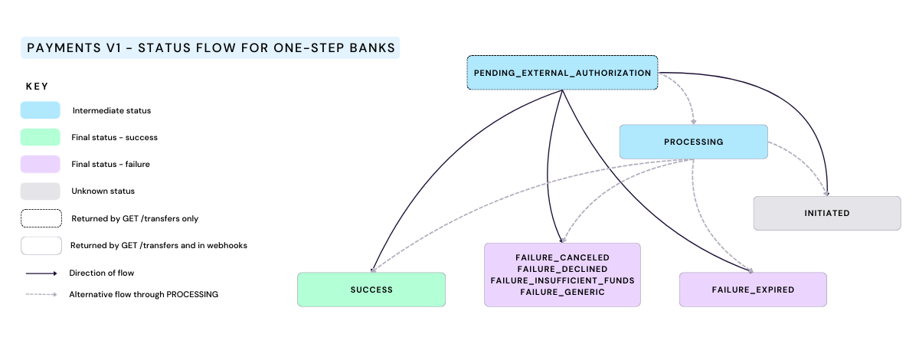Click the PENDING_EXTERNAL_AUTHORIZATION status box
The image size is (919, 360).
tap(563, 73)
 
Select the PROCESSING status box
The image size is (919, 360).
tap(693, 142)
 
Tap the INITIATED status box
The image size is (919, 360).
tap(827, 213)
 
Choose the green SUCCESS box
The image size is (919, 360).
tap(371, 290)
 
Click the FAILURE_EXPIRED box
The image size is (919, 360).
tap(753, 290)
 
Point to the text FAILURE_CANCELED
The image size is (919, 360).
tap(562, 257)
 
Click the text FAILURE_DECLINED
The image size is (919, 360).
tap(562, 269)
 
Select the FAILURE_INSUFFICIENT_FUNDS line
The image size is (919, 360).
tap(562, 280)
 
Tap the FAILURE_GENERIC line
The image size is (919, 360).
tap(562, 292)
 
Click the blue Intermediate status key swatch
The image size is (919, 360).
tap(40, 110)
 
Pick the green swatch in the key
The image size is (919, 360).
tap(40, 137)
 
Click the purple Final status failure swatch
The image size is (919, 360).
tap(40, 164)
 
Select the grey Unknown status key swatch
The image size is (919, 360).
tap(40, 191)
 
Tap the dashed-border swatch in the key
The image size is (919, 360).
tap(40, 218)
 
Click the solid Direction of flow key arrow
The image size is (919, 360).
tap(40, 273)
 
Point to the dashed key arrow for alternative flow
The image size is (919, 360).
tap(40, 294)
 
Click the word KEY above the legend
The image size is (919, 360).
tap(38, 87)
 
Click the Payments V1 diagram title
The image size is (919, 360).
tap(211, 48)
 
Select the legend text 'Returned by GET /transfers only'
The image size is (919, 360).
tap(135, 218)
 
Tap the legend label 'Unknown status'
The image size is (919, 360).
tap(103, 191)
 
